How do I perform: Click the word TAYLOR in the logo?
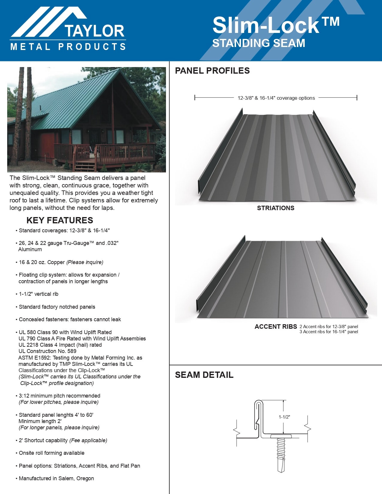94,31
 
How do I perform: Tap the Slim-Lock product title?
276,25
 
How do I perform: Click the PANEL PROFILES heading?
212,71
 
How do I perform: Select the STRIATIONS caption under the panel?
276,208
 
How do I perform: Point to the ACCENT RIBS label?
276,327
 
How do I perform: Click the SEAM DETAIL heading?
204,375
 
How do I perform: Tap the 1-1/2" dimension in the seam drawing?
284,417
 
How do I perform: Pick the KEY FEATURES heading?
60,220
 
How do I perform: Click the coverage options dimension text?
276,98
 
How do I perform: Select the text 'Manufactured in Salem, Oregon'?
56,478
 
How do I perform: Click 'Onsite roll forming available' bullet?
52,453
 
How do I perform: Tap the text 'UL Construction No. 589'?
47,351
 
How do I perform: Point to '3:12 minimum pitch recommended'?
59,396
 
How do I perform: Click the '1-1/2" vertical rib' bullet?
38,294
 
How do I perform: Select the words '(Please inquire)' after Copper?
85,262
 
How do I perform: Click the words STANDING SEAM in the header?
259,43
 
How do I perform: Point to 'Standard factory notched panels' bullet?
57,307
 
